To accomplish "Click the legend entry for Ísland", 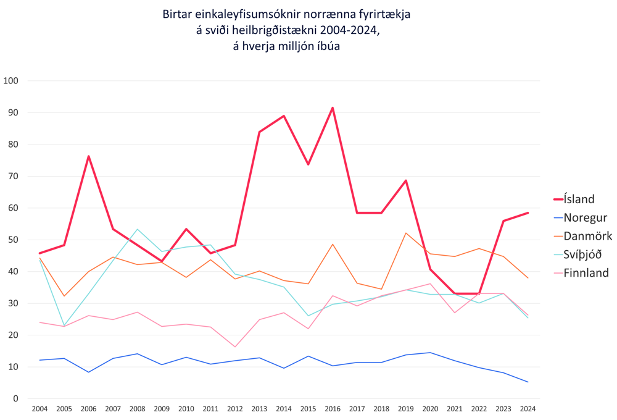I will pyautogui.click(x=579, y=199).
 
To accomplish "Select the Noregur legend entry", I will pyautogui.click(x=585, y=217).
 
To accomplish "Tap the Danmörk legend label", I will pyautogui.click(x=587, y=236).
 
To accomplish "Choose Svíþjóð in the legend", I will pyautogui.click(x=582, y=254).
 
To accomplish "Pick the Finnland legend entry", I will pyautogui.click(x=586, y=273).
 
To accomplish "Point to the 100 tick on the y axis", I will pyautogui.click(x=11, y=81).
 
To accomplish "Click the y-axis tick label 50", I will pyautogui.click(x=14, y=240).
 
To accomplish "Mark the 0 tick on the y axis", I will pyautogui.click(x=16, y=398).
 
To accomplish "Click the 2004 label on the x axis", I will pyautogui.click(x=39, y=409).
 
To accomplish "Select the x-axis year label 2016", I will pyautogui.click(x=333, y=409).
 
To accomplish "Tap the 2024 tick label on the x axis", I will pyautogui.click(x=528, y=409).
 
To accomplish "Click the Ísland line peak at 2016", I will pyautogui.click(x=333, y=108).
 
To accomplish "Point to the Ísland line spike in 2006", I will pyautogui.click(x=88, y=156).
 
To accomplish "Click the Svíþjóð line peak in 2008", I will pyautogui.click(x=137, y=230).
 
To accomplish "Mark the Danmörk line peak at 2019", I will pyautogui.click(x=406, y=233).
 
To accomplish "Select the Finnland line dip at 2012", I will pyautogui.click(x=235, y=346).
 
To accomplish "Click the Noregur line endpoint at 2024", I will pyautogui.click(x=528, y=382).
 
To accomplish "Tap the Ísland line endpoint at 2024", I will pyautogui.click(x=528, y=213).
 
